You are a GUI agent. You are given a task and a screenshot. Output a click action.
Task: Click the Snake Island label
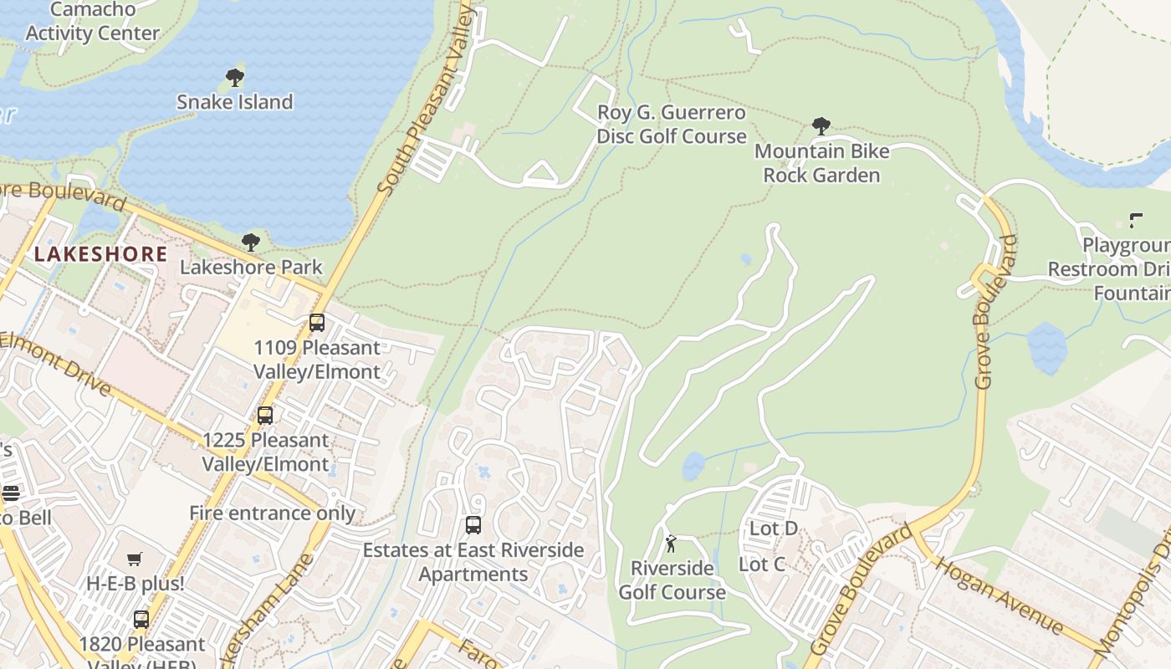click(x=234, y=102)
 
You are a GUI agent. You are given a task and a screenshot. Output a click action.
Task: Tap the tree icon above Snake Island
click(x=235, y=78)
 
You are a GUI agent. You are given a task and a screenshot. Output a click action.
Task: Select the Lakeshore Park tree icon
click(x=250, y=243)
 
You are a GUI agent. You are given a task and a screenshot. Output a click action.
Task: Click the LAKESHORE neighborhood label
click(x=101, y=254)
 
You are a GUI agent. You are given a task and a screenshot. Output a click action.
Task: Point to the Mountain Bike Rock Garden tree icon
click(x=821, y=126)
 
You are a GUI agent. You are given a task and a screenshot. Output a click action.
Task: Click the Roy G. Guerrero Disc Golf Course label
click(x=672, y=125)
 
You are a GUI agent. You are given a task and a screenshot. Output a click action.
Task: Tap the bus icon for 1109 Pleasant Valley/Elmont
click(x=316, y=323)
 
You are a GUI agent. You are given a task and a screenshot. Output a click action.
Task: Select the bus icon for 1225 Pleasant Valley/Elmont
click(x=265, y=415)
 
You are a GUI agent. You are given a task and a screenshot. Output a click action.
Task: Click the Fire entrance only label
click(x=272, y=513)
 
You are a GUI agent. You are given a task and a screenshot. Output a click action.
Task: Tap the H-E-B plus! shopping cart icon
click(x=135, y=559)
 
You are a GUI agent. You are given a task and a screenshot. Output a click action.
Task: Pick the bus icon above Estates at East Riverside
click(x=473, y=525)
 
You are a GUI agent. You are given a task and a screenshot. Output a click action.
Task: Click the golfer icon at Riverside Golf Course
click(x=671, y=544)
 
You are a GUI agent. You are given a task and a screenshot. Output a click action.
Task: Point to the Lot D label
click(x=773, y=529)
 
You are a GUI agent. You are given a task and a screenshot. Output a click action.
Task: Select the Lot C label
click(x=762, y=564)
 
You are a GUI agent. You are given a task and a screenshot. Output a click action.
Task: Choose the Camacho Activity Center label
click(x=92, y=22)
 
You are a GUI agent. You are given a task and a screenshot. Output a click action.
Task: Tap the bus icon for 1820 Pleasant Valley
click(x=141, y=620)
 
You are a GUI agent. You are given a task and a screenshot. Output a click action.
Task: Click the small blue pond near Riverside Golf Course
click(x=693, y=466)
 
